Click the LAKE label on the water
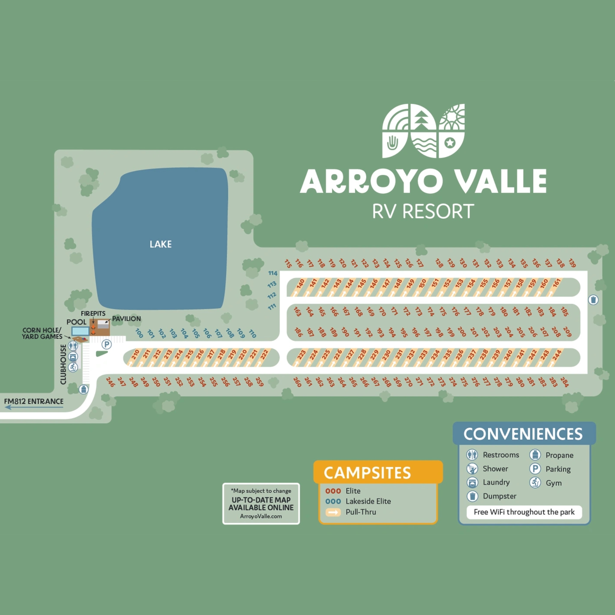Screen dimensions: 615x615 pyautogui.click(x=160, y=244)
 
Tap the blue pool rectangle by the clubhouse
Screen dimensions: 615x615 pyautogui.click(x=80, y=331)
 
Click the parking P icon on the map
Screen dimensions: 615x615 pyautogui.click(x=107, y=344)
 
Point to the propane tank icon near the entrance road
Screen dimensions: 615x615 pyautogui.click(x=83, y=389)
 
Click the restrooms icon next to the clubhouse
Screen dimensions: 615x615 pyautogui.click(x=73, y=346)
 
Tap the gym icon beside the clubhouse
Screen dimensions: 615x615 pyautogui.click(x=73, y=367)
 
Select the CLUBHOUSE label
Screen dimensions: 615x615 pyautogui.click(x=63, y=364)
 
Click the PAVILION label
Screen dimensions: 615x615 pyautogui.click(x=126, y=319)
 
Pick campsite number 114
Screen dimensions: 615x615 pyautogui.click(x=273, y=273)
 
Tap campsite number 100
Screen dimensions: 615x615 pyautogui.click(x=139, y=333)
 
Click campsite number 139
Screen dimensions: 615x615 pyautogui.click(x=572, y=263)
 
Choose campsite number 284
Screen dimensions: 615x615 pyautogui.click(x=564, y=382)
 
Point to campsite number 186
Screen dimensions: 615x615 pyautogui.click(x=298, y=332)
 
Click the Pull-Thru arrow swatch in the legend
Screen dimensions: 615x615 pyautogui.click(x=333, y=512)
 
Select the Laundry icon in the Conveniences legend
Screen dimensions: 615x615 pyautogui.click(x=472, y=482)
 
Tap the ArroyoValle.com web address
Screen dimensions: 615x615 pyautogui.click(x=261, y=516)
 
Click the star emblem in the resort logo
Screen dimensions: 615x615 pyautogui.click(x=450, y=143)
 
